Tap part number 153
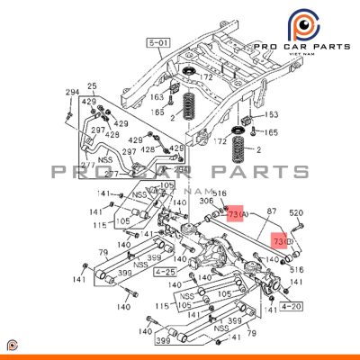click(272, 115)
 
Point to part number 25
click(91, 86)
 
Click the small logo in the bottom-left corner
click(12, 347)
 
